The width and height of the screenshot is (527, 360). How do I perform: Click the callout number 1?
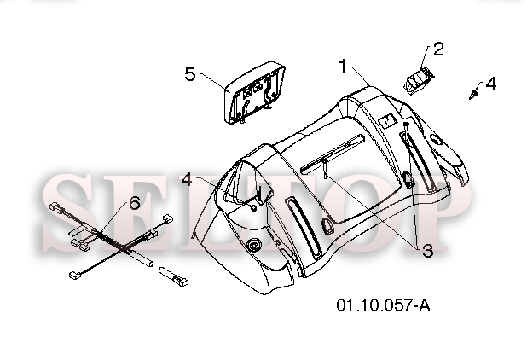click(343, 66)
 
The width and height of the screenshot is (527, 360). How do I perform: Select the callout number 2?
click(438, 49)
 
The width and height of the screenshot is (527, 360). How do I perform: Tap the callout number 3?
click(427, 251)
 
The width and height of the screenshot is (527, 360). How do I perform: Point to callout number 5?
click(190, 74)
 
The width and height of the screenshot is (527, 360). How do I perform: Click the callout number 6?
click(135, 203)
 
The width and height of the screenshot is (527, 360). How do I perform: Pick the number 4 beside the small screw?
click(490, 84)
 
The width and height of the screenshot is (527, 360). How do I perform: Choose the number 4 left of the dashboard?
click(187, 179)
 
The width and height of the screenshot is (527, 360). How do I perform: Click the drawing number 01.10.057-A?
click(384, 305)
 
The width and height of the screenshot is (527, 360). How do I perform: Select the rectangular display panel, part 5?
click(254, 92)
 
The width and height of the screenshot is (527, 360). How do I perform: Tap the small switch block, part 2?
click(419, 81)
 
